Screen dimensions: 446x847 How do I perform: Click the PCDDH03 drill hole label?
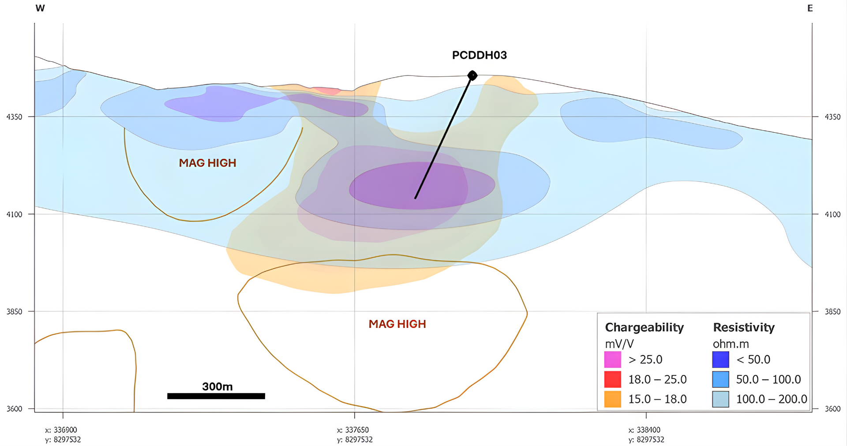tap(479, 55)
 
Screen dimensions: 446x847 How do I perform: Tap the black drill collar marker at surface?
tap(472, 75)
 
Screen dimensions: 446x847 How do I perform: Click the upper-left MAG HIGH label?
tap(207, 163)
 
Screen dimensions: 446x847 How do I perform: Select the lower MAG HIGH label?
tap(397, 324)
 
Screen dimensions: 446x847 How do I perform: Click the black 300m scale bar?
tap(216, 396)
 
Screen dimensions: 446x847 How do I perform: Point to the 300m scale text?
tap(217, 386)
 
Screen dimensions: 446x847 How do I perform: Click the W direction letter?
tap(40, 8)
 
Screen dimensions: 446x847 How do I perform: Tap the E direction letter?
tap(810, 8)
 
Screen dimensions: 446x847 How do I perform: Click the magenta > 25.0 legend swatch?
tap(612, 360)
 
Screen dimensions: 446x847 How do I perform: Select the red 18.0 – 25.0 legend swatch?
tap(612, 379)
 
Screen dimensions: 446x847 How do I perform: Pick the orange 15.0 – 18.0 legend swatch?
tap(612, 399)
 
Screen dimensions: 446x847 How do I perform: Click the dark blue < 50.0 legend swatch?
tap(720, 360)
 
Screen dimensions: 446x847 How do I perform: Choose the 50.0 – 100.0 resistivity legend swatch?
tap(720, 379)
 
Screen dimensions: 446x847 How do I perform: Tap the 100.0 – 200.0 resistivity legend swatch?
tap(720, 399)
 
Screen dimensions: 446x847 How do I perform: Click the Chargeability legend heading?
tap(644, 327)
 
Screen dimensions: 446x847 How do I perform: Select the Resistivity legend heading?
tap(744, 327)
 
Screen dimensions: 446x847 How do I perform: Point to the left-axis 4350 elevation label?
tap(14, 117)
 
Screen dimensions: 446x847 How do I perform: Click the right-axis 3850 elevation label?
tap(832, 311)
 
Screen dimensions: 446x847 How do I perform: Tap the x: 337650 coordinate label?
tap(352, 430)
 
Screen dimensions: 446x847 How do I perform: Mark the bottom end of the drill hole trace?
tap(415, 198)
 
